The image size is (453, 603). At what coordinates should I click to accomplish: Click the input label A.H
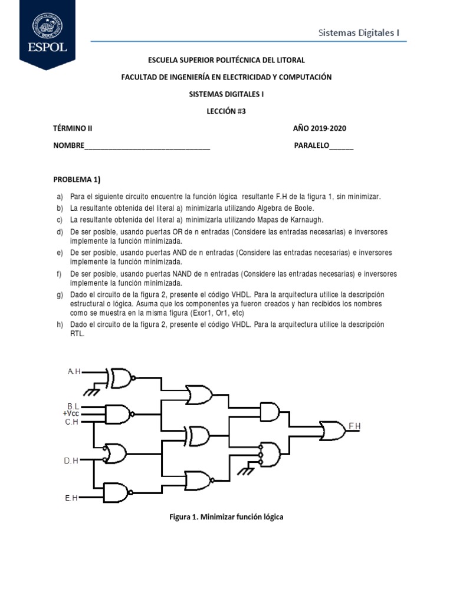74,372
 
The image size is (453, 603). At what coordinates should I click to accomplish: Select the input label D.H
71,460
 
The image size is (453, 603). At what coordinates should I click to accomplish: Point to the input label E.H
71,498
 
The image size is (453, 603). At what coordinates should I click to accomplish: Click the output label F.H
354,426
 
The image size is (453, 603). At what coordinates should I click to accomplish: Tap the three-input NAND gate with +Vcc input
118,414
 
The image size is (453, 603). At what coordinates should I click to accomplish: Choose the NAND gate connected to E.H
117,492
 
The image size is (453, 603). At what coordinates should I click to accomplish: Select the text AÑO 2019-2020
324,129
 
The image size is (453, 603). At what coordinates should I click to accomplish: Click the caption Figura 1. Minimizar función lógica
226,516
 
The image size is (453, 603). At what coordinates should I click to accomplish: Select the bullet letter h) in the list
59,324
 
